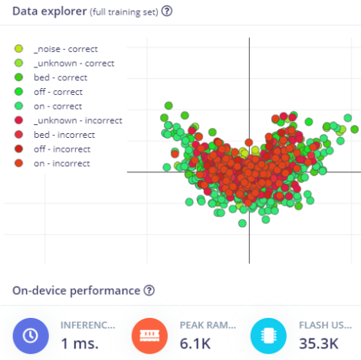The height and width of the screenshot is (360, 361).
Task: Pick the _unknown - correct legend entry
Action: tap(73, 63)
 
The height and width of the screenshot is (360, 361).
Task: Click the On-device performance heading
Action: tap(76, 290)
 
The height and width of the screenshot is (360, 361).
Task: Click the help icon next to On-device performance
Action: tap(149, 290)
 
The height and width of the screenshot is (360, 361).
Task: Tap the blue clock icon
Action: tap(31, 335)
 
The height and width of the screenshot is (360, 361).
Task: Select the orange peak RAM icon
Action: tap(149, 335)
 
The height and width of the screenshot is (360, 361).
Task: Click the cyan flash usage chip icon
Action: tap(268, 335)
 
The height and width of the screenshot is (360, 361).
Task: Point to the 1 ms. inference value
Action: tap(79, 343)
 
